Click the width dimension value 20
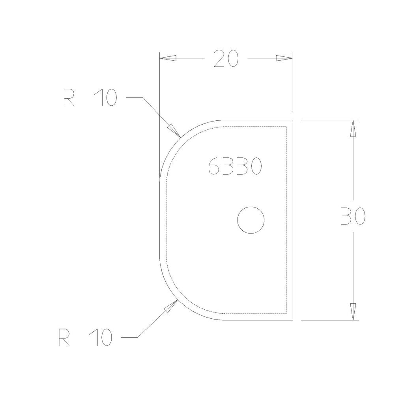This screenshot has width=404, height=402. point(226,58)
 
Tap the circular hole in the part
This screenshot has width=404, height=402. point(251,220)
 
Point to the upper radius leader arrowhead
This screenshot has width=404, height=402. point(174,130)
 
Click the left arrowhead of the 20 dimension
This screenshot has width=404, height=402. point(167,58)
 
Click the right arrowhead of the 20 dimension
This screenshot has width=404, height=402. point(284,58)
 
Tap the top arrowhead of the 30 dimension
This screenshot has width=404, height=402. point(353,129)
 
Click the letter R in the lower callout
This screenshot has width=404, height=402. point(64,338)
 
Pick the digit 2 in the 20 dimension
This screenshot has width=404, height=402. point(220,58)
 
